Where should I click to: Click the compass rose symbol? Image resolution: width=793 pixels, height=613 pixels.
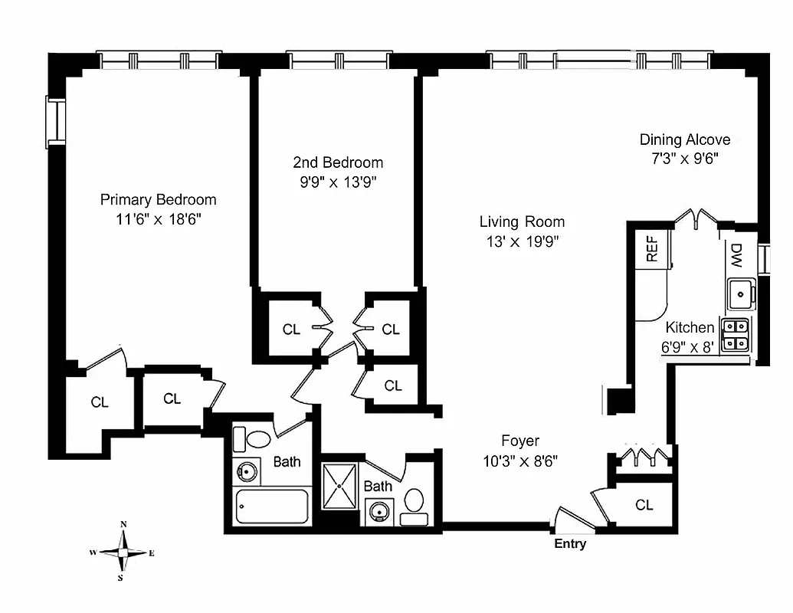(123, 552)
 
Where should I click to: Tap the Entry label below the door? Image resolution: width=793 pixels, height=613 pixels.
(570, 544)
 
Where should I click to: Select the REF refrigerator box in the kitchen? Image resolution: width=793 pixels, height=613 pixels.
(653, 249)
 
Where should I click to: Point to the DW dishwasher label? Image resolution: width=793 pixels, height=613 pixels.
(736, 255)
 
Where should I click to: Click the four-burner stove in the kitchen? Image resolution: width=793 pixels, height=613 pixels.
(736, 334)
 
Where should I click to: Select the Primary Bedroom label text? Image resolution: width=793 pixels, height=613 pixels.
(159, 199)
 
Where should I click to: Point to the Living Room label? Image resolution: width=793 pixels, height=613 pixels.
(522, 222)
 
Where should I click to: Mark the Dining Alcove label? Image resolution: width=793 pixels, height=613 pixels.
(685, 139)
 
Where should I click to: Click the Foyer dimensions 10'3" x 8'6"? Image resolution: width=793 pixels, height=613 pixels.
(519, 461)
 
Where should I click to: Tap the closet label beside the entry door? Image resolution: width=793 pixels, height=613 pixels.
(644, 505)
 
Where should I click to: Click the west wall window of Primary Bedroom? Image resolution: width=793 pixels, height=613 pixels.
(54, 122)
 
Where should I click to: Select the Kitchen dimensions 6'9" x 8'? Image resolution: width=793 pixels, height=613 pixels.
(688, 346)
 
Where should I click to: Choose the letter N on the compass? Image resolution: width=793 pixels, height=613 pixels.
(123, 525)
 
